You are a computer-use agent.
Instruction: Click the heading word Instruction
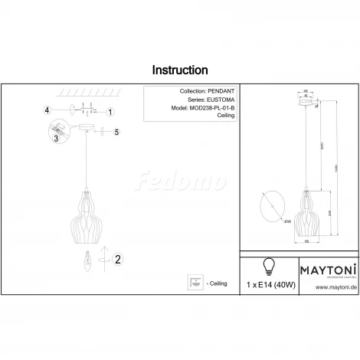(180, 70)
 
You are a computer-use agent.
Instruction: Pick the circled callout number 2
(117, 260)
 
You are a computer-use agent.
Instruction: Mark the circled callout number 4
(47, 111)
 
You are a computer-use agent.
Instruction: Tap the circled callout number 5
(116, 133)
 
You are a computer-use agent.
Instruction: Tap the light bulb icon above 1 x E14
(269, 266)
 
